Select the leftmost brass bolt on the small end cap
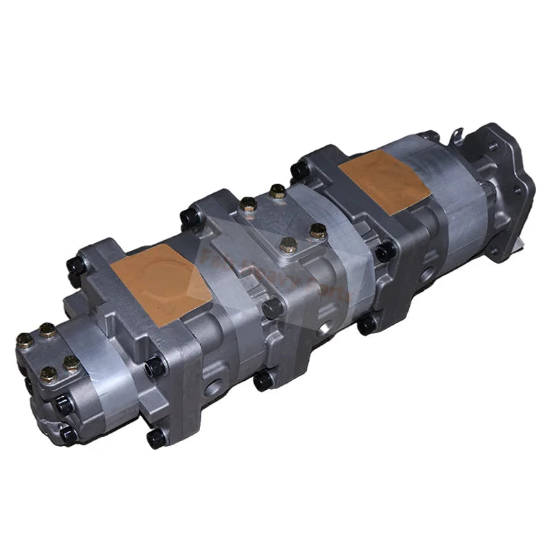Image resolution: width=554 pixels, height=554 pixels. [24, 340]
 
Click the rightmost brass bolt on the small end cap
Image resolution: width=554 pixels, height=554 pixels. [71, 362]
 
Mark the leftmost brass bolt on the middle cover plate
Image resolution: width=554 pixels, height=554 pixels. [247, 204]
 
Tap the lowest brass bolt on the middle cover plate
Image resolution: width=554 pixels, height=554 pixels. [288, 244]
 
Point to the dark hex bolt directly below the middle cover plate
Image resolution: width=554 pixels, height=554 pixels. [272, 307]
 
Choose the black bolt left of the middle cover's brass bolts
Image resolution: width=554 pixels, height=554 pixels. [190, 218]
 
